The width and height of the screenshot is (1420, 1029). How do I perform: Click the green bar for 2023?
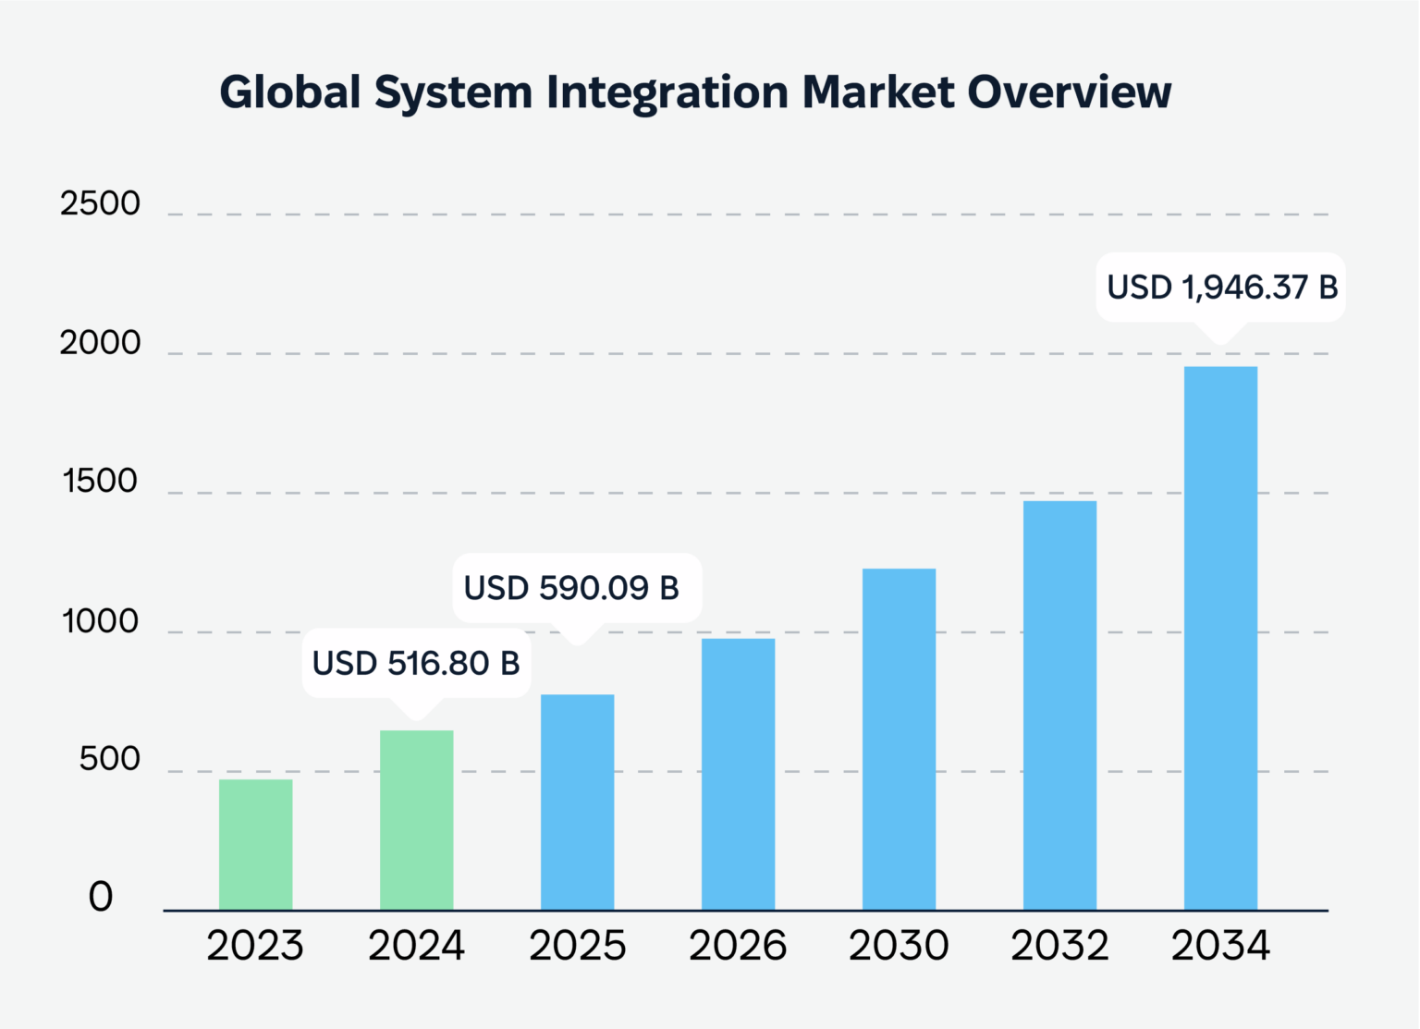255,844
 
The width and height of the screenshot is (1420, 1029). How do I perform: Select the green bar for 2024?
416,820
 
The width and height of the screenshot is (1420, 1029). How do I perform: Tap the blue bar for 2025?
577,802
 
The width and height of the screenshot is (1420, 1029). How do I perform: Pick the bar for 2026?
738,774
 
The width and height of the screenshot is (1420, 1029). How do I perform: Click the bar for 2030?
899,739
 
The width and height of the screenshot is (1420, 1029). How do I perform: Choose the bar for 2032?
1059,705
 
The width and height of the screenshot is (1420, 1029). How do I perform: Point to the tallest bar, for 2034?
1220,638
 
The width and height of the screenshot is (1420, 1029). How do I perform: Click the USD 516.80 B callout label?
416,663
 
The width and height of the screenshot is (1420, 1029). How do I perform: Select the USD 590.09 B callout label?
571,588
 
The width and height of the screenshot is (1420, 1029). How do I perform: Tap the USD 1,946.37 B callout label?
1221,288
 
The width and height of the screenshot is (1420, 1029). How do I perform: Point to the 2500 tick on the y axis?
100,203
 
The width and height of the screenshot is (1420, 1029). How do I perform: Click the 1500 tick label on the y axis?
100,482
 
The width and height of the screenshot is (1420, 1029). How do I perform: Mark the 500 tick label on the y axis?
109,759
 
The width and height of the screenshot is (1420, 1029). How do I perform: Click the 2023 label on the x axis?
255,946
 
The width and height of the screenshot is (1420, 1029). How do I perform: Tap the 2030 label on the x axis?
899,946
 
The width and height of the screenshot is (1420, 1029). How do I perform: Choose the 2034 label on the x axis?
1220,946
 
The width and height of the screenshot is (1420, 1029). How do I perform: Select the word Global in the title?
289,92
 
